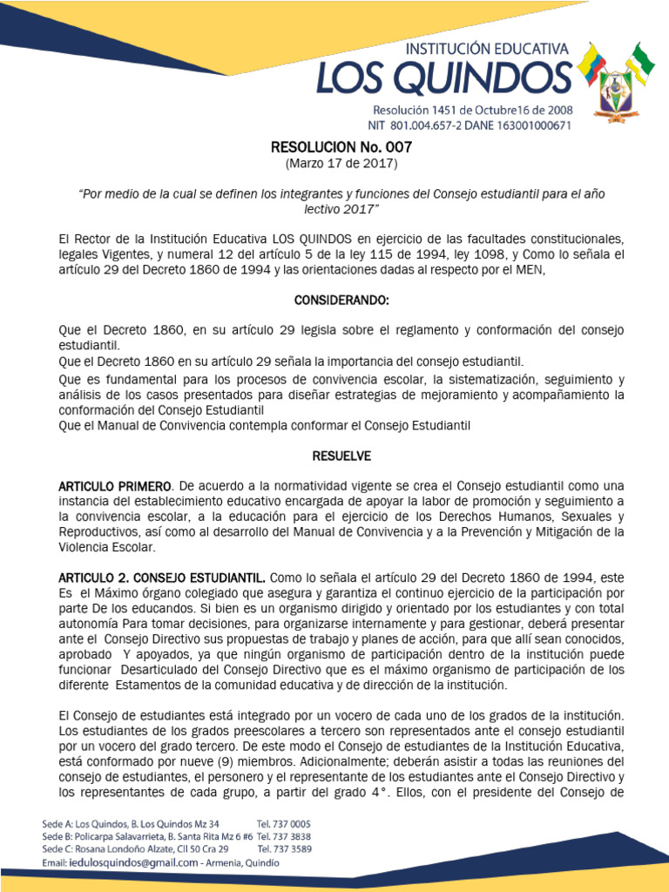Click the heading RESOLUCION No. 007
(x=341, y=148)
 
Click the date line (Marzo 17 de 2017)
(x=341, y=164)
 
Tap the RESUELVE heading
(x=341, y=456)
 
